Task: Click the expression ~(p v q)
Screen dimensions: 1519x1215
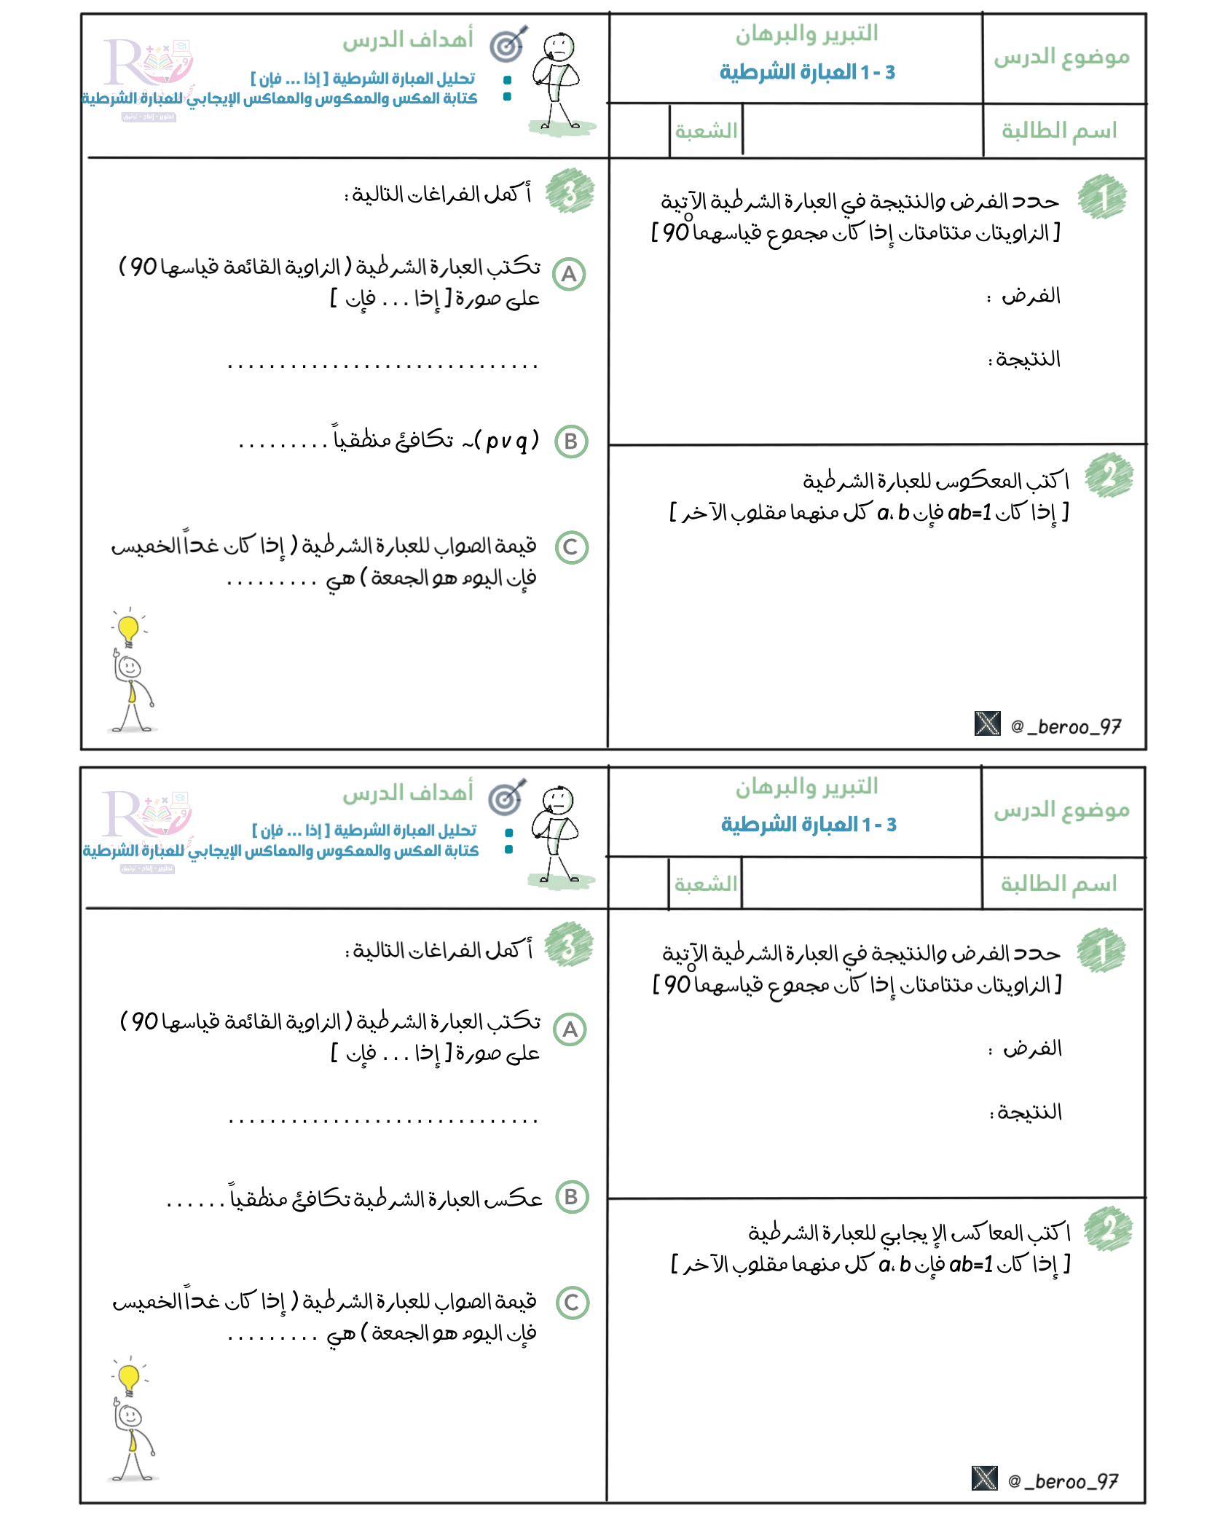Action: click(503, 441)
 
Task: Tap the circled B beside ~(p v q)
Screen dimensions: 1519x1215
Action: click(571, 441)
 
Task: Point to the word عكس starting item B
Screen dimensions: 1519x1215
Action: click(516, 1198)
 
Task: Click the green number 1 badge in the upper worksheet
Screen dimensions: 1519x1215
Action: click(1102, 197)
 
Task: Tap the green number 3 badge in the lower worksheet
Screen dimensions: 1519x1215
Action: click(569, 945)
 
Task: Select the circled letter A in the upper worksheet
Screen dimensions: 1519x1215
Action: click(569, 275)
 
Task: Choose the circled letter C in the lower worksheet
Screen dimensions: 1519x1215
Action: click(572, 1303)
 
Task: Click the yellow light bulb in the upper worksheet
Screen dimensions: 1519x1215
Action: click(129, 628)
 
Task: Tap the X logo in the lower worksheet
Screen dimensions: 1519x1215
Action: click(984, 1477)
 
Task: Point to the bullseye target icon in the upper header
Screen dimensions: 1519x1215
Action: click(508, 45)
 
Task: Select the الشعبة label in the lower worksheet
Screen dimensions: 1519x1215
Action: click(705, 884)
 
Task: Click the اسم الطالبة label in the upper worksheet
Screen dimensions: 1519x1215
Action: click(1059, 131)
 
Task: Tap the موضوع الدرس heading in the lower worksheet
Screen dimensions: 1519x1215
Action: click(1061, 810)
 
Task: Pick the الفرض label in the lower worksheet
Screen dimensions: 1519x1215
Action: click(1032, 1049)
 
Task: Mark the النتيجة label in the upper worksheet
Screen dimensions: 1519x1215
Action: click(1028, 359)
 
